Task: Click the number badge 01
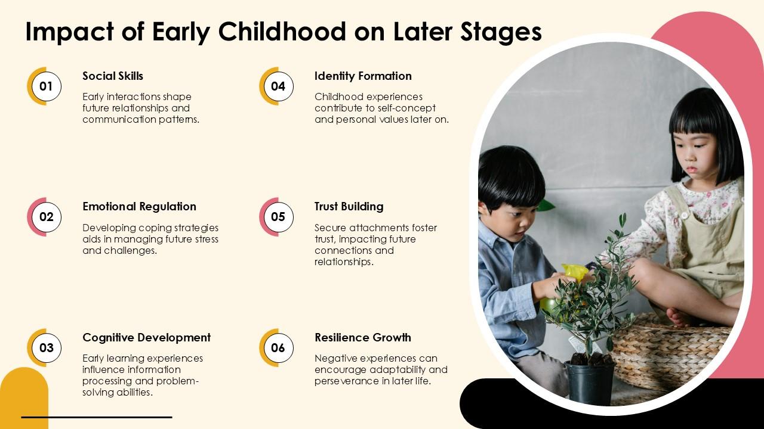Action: (46, 86)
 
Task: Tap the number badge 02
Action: (46, 217)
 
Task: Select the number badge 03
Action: (46, 348)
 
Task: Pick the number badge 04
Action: (278, 86)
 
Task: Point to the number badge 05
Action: (278, 217)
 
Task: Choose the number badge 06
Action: (278, 348)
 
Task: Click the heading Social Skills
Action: (113, 76)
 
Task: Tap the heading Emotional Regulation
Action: (139, 207)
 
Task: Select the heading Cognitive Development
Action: (146, 337)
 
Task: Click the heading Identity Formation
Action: (363, 76)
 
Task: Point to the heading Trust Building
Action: (349, 207)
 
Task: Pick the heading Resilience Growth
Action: (362, 337)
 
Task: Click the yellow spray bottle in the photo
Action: (574, 273)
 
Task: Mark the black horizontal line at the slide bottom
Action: (97, 417)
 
